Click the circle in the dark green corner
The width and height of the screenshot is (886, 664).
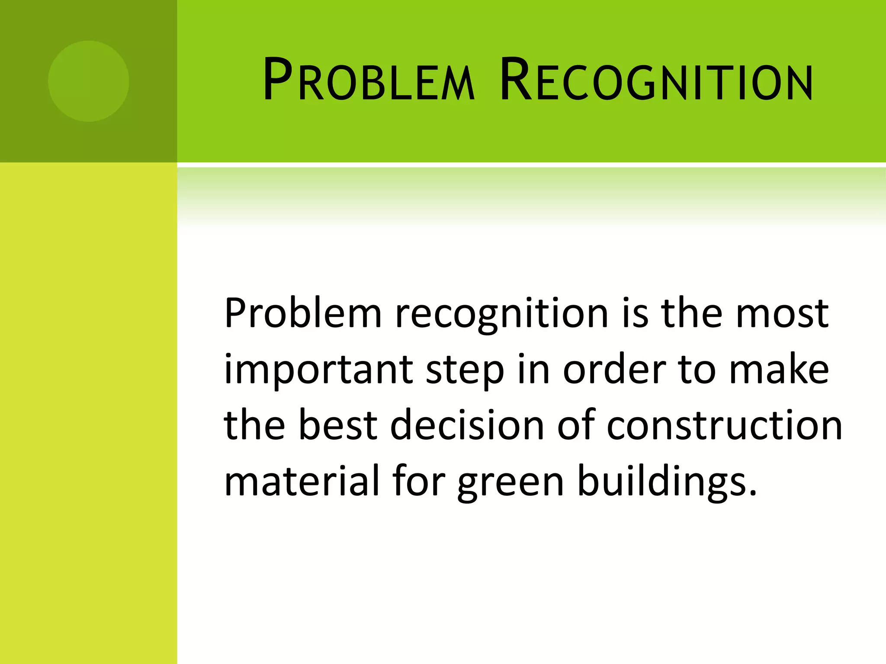[x=88, y=81]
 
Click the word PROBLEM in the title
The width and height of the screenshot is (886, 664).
[x=369, y=81]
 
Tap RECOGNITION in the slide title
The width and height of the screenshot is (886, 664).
[x=656, y=81]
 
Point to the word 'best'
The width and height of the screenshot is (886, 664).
[x=337, y=425]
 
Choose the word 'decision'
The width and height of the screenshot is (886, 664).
[x=467, y=425]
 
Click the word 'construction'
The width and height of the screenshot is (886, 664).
[x=724, y=425]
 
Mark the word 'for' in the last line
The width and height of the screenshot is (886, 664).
[x=419, y=481]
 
